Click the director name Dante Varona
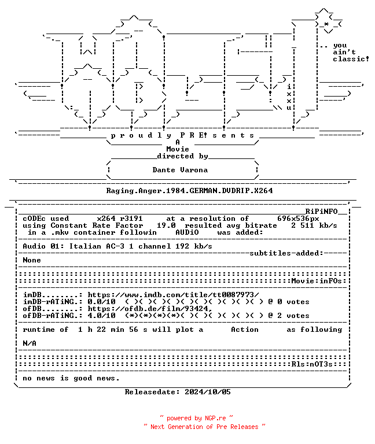pos(180,170)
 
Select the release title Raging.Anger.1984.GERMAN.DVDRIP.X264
pos(189,191)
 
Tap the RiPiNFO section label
pos(321,212)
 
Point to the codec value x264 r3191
pos(120,219)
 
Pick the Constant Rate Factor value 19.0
pos(166,225)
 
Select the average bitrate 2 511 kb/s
pos(314,225)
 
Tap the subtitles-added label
pos(286,253)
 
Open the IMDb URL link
pos(173,295)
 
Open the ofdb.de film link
pos(150,309)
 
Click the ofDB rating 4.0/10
pos(101,316)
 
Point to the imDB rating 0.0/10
pos(101,302)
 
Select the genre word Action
pos(245,330)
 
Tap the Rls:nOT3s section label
pos(312,364)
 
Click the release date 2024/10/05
pos(208,392)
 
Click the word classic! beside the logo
pos(351,59)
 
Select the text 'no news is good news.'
pos(71,378)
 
